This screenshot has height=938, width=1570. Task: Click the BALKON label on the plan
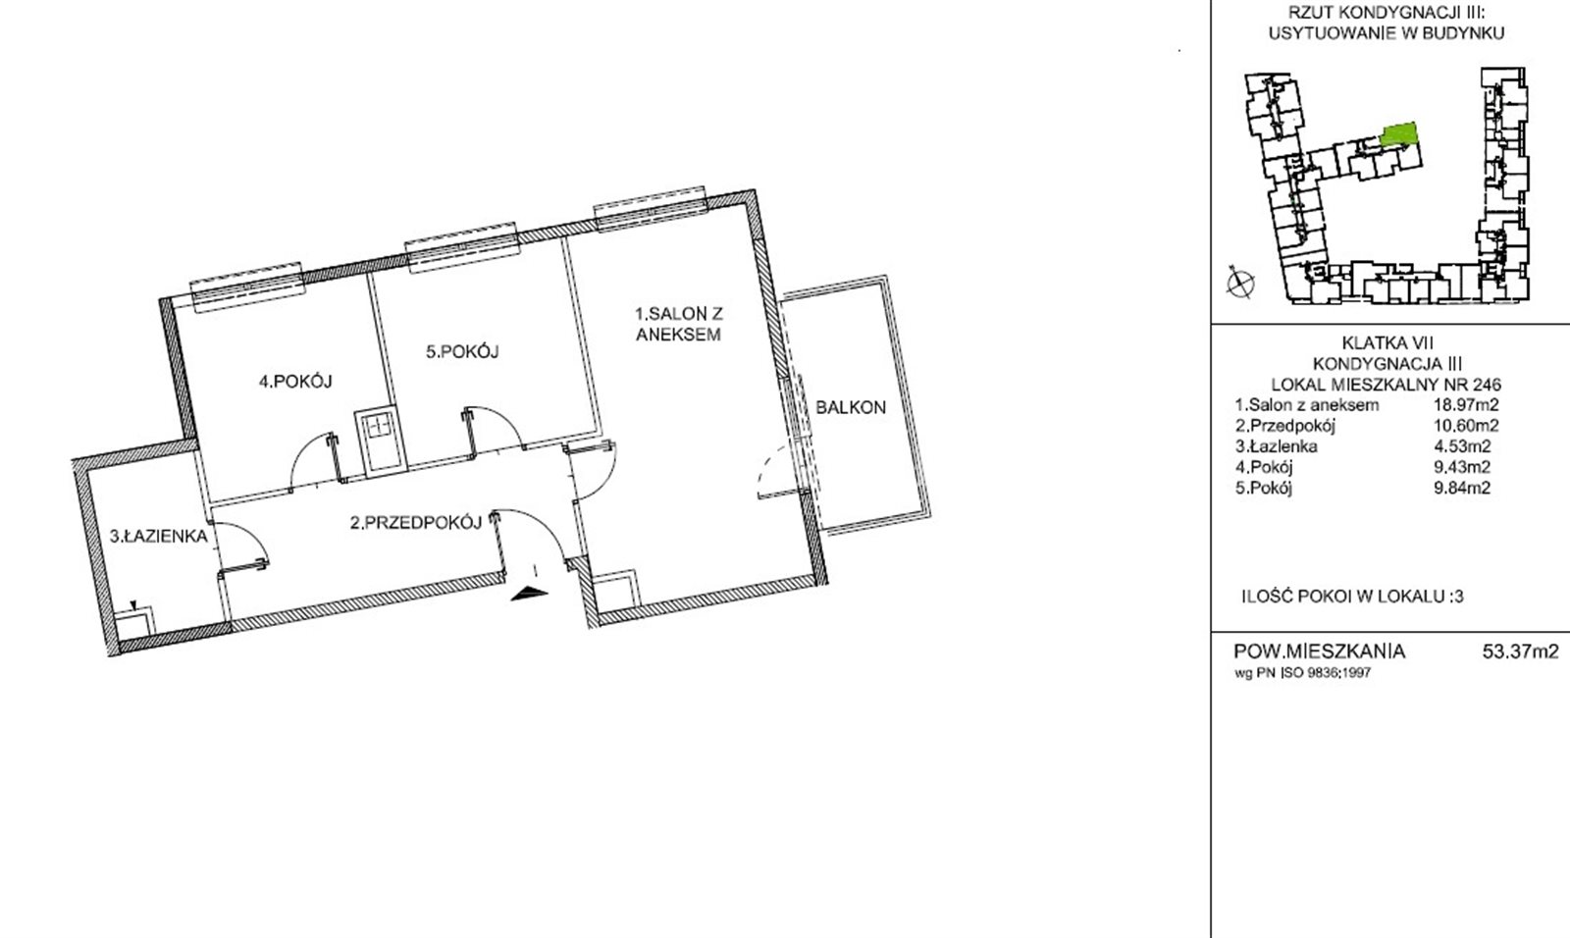point(850,407)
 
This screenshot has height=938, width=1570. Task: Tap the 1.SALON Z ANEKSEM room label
point(678,324)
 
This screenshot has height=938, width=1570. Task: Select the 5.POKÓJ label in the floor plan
point(462,351)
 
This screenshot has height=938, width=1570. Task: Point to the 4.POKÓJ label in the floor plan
point(295,382)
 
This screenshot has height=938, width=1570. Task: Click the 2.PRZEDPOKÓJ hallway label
point(416,522)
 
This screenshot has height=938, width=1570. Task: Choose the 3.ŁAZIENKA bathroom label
point(158,537)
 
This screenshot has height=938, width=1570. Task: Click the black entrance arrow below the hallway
point(529,595)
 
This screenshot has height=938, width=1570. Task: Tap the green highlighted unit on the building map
point(1399,133)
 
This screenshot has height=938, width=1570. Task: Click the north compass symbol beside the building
point(1240,284)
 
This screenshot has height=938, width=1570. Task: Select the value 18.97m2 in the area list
point(1466,404)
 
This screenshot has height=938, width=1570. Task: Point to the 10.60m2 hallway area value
point(1466,425)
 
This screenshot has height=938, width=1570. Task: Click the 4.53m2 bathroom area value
point(1462,445)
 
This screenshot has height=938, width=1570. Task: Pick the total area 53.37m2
point(1520,651)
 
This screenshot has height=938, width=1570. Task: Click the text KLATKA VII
point(1387,342)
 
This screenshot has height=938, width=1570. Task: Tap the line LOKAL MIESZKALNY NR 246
point(1387,385)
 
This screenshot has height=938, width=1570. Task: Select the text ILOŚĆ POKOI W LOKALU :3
point(1353,597)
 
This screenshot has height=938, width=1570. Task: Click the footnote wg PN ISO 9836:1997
point(1302,673)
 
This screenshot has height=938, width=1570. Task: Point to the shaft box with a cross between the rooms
point(379,441)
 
